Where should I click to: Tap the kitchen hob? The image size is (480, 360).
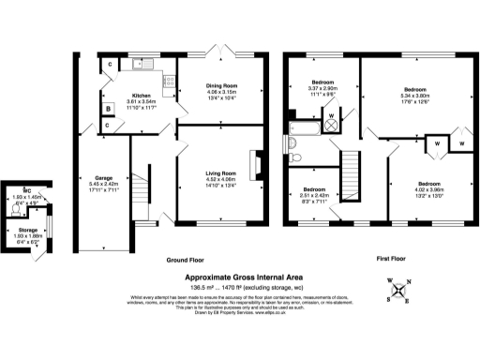click(x=168, y=82)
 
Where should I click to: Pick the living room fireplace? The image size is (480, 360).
click(x=255, y=161)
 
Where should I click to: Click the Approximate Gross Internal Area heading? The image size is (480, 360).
click(x=240, y=279)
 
